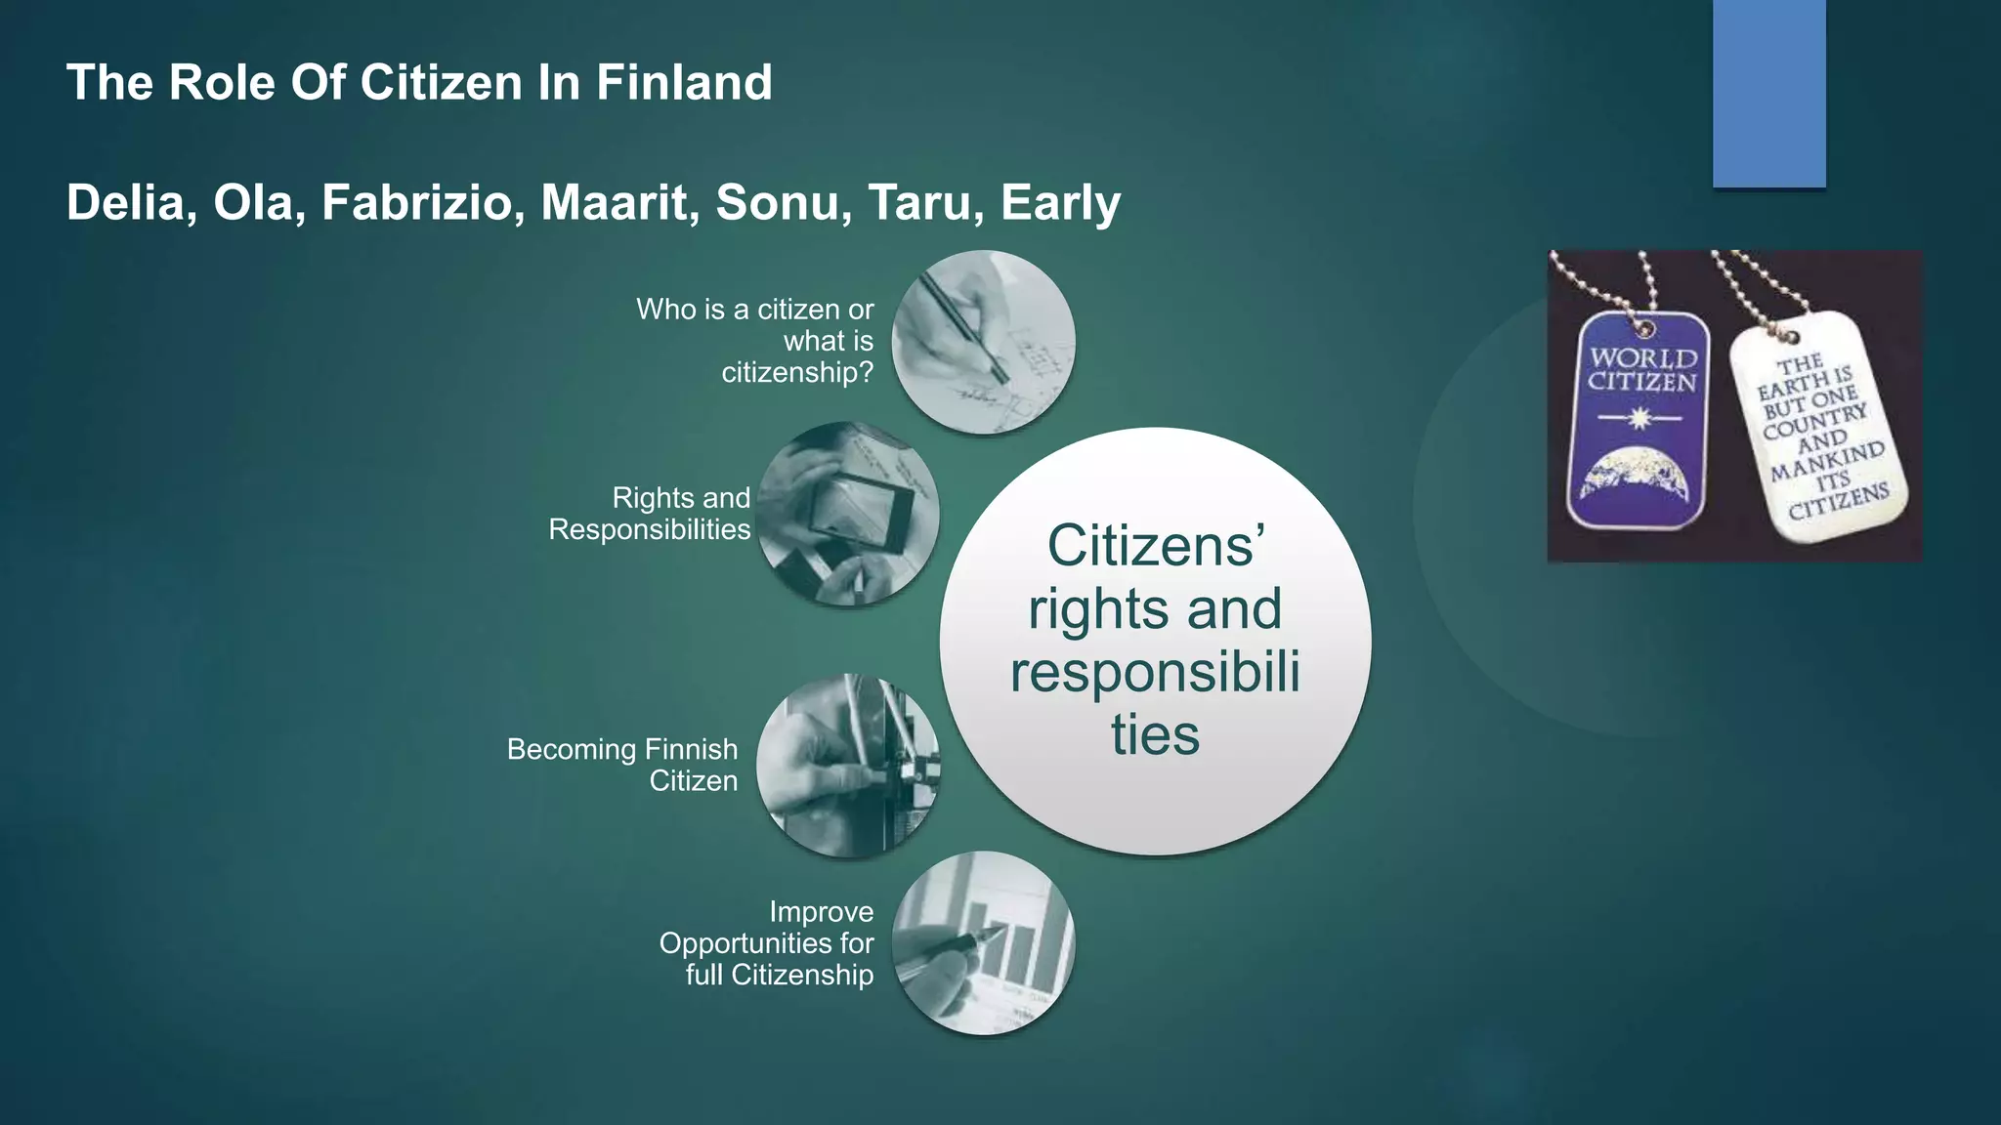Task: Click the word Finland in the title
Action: coord(684,82)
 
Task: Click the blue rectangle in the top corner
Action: coord(1768,93)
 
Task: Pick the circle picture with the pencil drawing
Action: coord(983,342)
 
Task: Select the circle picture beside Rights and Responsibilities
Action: coord(848,514)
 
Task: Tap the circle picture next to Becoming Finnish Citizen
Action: coord(848,766)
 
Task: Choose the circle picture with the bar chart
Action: coord(983,942)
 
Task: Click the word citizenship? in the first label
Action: coord(797,373)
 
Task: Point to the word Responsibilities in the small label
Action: coord(650,529)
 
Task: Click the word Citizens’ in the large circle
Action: coord(1156,545)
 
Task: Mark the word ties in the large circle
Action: coord(1155,734)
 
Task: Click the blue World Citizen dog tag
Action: coord(1639,420)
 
